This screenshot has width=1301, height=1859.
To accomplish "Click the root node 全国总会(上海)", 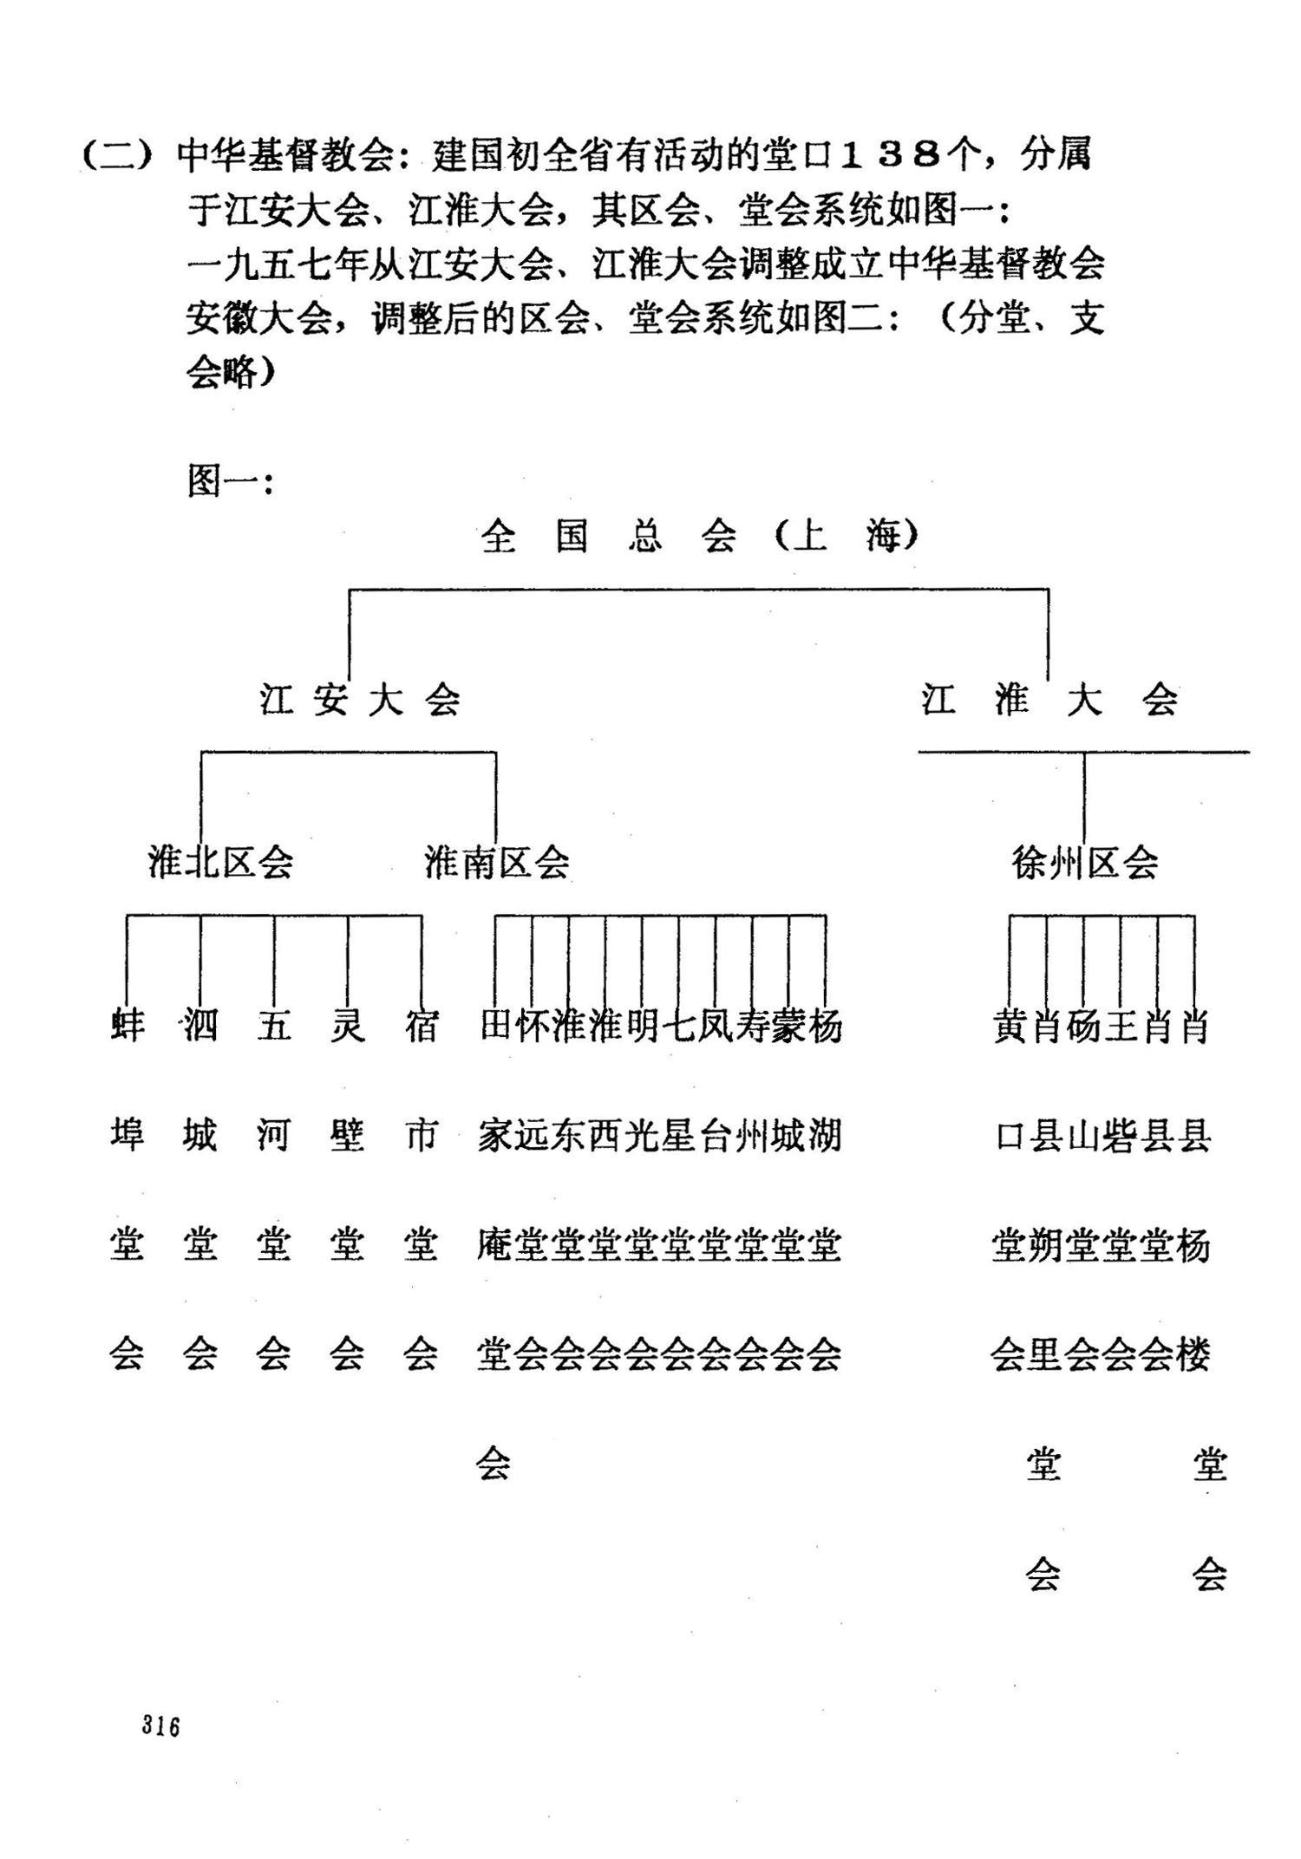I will (x=699, y=537).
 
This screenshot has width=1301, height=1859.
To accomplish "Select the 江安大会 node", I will (x=359, y=700).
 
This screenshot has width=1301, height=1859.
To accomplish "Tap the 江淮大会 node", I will (x=1049, y=700).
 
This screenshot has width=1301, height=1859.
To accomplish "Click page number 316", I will (x=161, y=1725).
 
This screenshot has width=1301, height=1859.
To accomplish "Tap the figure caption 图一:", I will (x=231, y=481).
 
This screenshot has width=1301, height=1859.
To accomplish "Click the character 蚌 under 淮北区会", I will (x=127, y=1027).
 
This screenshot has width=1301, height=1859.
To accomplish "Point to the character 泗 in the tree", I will (x=200, y=1027).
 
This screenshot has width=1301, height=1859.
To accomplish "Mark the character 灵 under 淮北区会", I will (x=347, y=1027).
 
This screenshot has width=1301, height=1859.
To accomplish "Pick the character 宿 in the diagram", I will (x=421, y=1027).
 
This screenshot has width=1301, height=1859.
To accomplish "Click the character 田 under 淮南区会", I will (x=495, y=1027).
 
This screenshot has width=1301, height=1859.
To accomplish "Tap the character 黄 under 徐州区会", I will (x=1010, y=1027).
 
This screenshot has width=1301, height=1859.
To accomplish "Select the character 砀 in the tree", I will (x=1083, y=1027).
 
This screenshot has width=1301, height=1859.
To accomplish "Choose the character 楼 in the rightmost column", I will (x=1193, y=1354).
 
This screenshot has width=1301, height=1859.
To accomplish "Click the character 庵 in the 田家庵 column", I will (x=494, y=1246).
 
